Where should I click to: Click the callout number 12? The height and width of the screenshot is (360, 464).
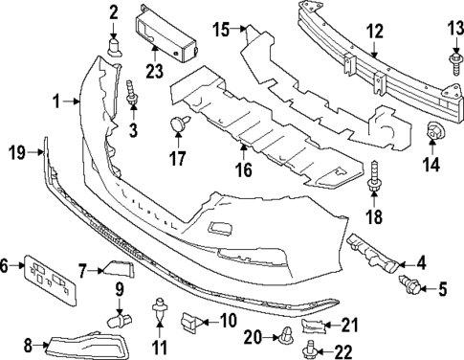pyautogui.click(x=374, y=31)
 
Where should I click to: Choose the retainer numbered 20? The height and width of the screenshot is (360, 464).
pyautogui.click(x=286, y=334)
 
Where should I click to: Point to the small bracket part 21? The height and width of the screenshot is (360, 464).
pyautogui.click(x=314, y=327)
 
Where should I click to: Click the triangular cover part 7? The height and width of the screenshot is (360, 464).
pyautogui.click(x=119, y=270)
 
